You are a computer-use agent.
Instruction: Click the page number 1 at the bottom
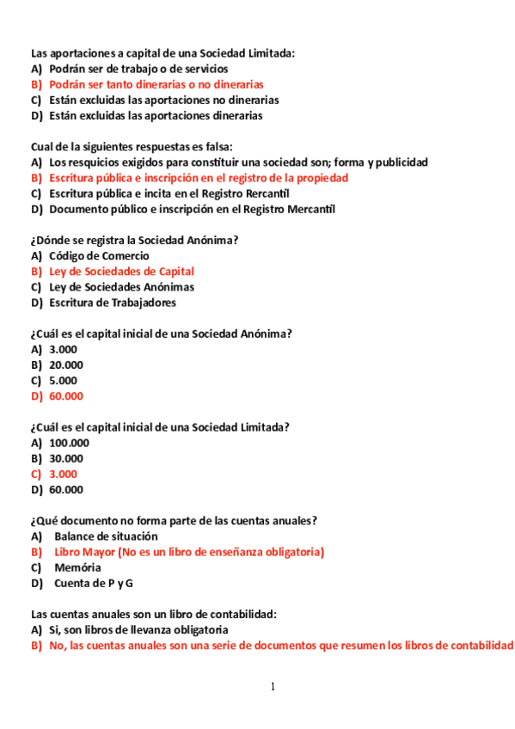tap(273, 686)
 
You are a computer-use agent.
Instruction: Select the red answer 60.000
tap(66, 396)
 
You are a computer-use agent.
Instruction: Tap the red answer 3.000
tap(63, 474)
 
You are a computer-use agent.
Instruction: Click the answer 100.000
tap(69, 443)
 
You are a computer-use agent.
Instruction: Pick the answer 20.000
tap(66, 364)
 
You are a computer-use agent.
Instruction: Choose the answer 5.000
tap(63, 380)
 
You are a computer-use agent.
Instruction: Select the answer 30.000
tap(66, 458)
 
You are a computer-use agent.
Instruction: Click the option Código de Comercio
tap(99, 255)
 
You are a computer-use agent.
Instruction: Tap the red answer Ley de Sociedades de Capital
tap(121, 271)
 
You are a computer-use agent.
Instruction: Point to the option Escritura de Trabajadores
tap(113, 302)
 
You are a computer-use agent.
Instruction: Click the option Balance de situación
tap(106, 536)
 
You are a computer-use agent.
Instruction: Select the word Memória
tap(77, 567)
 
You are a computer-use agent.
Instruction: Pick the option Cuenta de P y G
tap(94, 583)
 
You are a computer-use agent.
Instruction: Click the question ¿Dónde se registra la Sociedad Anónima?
tap(135, 240)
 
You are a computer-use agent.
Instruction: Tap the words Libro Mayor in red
tap(84, 552)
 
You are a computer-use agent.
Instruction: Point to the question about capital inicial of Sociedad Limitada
tap(160, 427)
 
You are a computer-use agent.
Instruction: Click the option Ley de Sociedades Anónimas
tap(121, 286)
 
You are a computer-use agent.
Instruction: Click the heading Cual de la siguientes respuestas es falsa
tap(132, 146)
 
